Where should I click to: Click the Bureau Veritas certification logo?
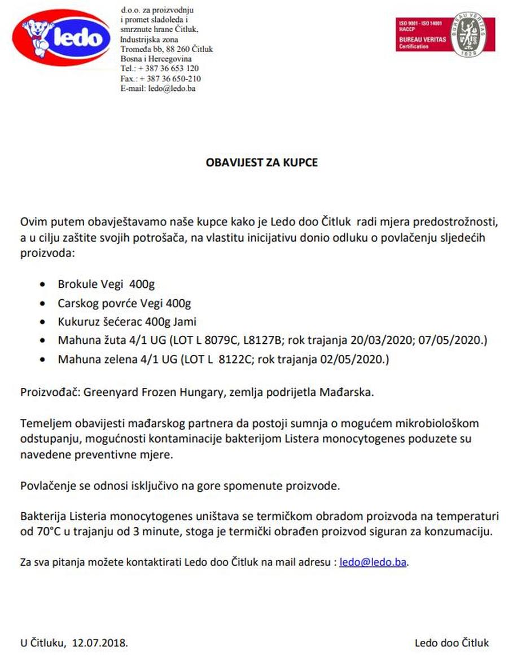[x=445, y=35]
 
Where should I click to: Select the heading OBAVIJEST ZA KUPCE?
[x=261, y=163]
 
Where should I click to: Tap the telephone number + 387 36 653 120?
[x=168, y=68]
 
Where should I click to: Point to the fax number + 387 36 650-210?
[x=169, y=78]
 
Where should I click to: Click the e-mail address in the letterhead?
[x=172, y=88]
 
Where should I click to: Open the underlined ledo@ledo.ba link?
[x=373, y=562]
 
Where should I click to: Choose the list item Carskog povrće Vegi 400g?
[x=124, y=303]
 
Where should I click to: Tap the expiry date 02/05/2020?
[x=359, y=359]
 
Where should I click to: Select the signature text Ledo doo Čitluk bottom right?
[x=452, y=642]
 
